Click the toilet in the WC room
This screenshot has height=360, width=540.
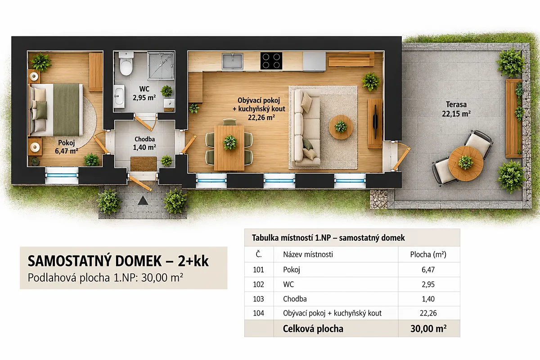(x=126, y=63)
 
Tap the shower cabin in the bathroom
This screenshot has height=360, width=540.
(x=161, y=66)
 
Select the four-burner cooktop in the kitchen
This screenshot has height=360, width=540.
(x=271, y=61)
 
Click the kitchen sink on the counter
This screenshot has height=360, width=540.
(x=232, y=61)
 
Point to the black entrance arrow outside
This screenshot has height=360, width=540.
(x=143, y=200)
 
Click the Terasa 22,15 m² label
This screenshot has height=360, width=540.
(x=456, y=109)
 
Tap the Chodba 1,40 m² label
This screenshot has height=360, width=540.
(x=144, y=143)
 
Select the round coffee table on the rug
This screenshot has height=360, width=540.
(x=341, y=127)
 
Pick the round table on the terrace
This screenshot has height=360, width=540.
(x=465, y=163)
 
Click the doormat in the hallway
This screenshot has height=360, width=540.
(x=144, y=164)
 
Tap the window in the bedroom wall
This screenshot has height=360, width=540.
(x=62, y=175)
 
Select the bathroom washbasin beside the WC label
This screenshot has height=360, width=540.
(x=119, y=96)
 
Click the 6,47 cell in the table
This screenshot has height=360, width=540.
(x=428, y=270)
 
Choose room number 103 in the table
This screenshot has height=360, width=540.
(x=258, y=299)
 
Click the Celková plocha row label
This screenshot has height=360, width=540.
(x=313, y=328)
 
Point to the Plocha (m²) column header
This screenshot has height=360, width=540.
(x=428, y=254)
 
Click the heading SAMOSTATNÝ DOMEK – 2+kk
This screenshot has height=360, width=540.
(x=118, y=261)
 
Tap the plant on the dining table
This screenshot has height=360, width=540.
(x=230, y=142)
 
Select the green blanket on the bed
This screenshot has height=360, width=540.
(x=66, y=109)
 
